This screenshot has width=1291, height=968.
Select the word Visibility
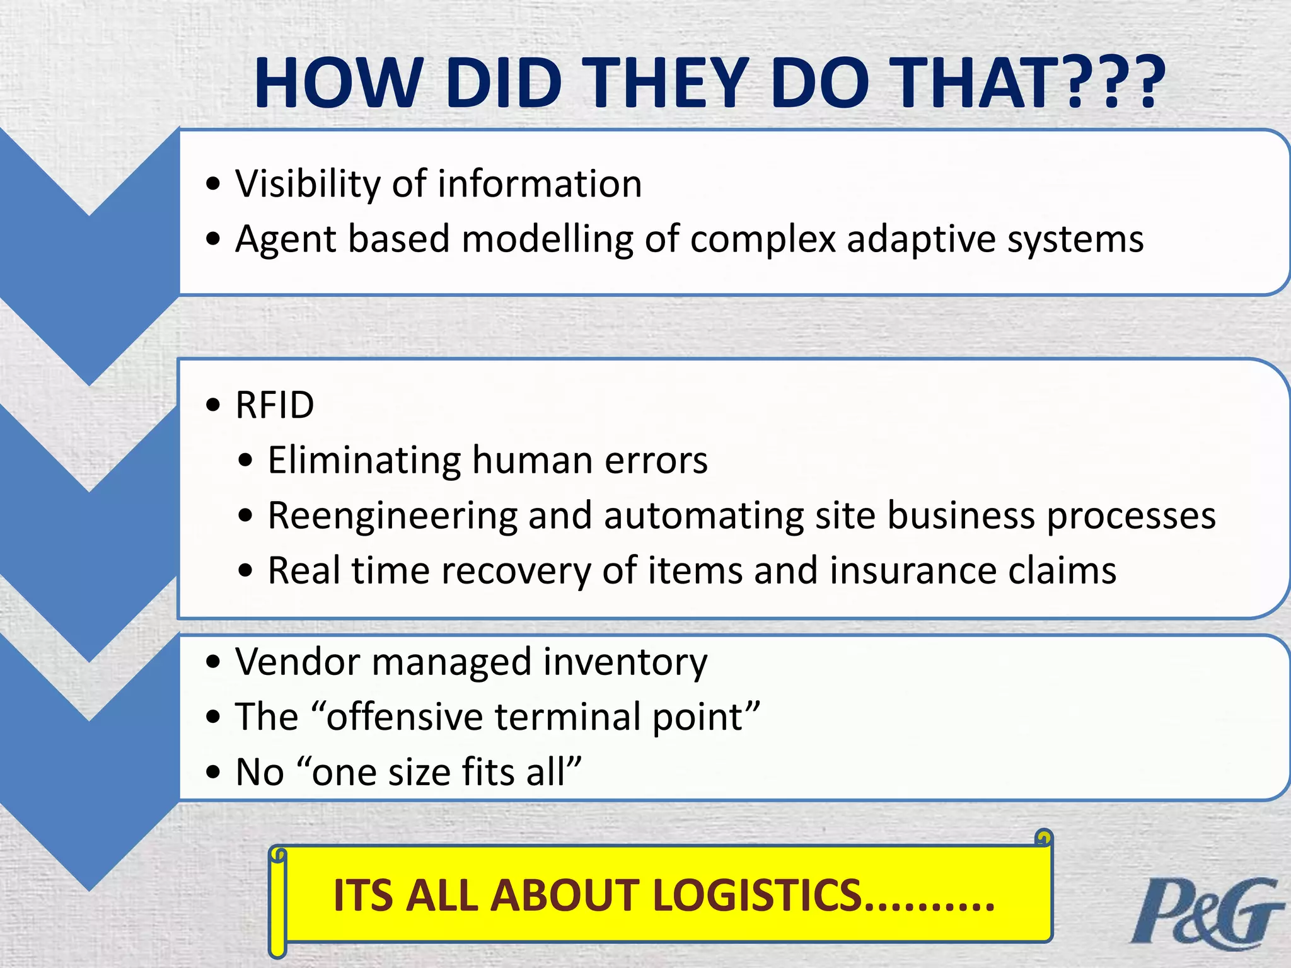coord(308,184)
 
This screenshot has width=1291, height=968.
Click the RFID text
coord(274,405)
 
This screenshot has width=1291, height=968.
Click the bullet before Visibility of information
coord(214,184)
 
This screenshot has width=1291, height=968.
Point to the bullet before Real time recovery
coord(246,571)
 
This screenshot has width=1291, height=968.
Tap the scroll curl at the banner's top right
coord(1044,838)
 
